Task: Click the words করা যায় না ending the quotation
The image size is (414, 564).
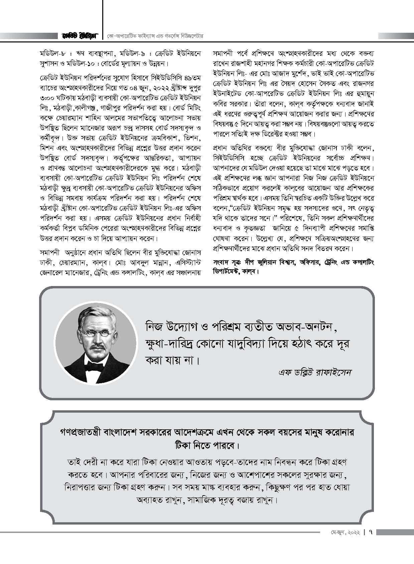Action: pos(171,361)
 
